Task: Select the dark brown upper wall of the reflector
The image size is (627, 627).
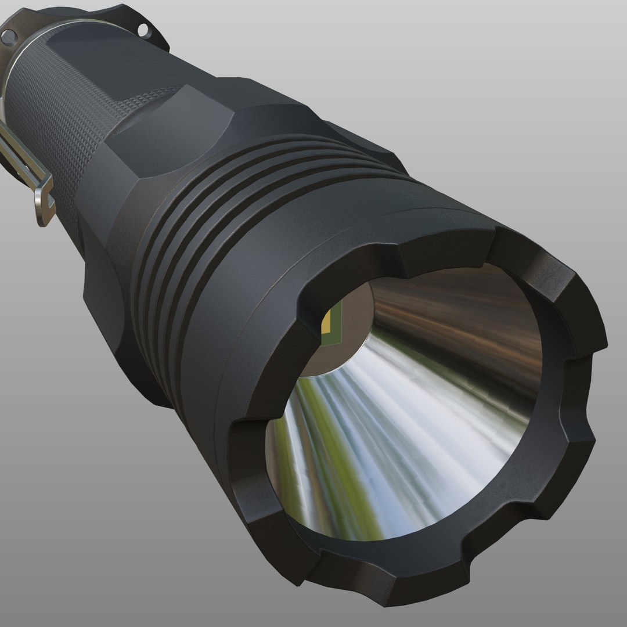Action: tap(459, 325)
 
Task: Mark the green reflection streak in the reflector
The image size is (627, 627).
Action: tap(325, 453)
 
